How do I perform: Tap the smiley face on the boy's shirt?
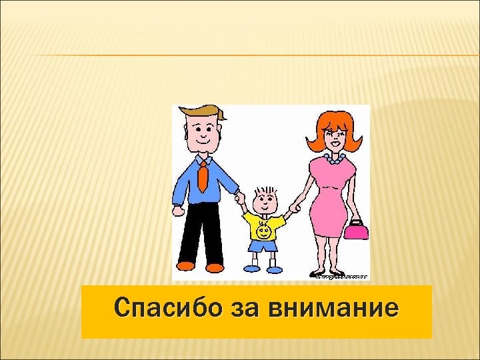pos(263,231)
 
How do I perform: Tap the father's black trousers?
pos(204,233)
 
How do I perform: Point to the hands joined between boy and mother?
pos(294,207)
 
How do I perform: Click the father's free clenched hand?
pos(178,211)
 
